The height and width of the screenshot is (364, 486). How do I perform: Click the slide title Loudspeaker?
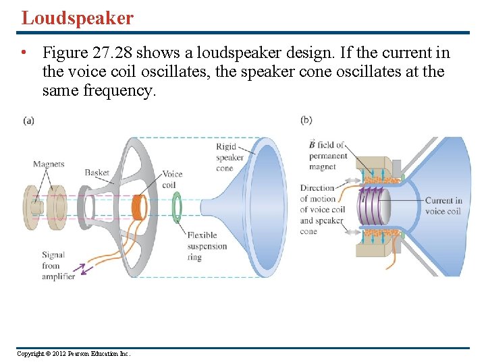point(78,18)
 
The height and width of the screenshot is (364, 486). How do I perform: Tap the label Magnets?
point(49,164)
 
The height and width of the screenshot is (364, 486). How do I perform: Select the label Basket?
point(97,173)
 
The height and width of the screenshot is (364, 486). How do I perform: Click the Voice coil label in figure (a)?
point(171,179)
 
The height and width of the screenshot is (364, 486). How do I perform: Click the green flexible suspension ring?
point(176,207)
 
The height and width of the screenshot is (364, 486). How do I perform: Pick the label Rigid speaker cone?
point(230,157)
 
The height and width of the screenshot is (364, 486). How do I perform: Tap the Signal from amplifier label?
point(57,265)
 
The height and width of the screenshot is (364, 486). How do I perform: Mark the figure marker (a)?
point(28,120)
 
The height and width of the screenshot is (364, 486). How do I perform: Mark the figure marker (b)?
point(306,120)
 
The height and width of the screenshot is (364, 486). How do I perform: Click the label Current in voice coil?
point(443,206)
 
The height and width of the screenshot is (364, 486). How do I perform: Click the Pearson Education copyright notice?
point(74,354)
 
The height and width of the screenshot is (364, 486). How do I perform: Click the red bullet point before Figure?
point(24,53)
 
